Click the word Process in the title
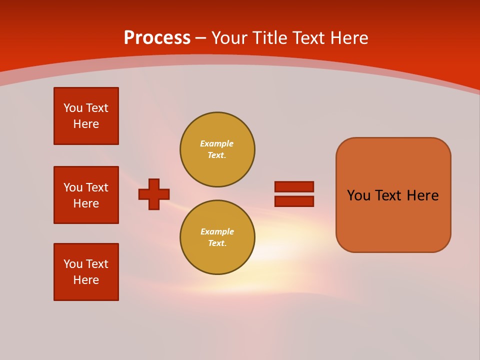(x=157, y=38)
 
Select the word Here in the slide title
(x=349, y=38)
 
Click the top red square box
(x=86, y=116)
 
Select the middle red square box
(x=86, y=195)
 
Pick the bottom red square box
(x=86, y=272)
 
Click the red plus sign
(x=154, y=194)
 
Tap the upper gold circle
(x=217, y=149)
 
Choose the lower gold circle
(x=217, y=237)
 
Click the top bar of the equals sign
(x=294, y=186)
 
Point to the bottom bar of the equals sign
(x=294, y=201)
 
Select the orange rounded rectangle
(x=393, y=195)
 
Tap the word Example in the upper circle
(x=216, y=143)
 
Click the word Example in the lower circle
(x=217, y=231)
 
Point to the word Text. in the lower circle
(x=217, y=243)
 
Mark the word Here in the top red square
(x=86, y=124)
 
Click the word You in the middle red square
(x=72, y=187)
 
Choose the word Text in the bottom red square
(x=97, y=264)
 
